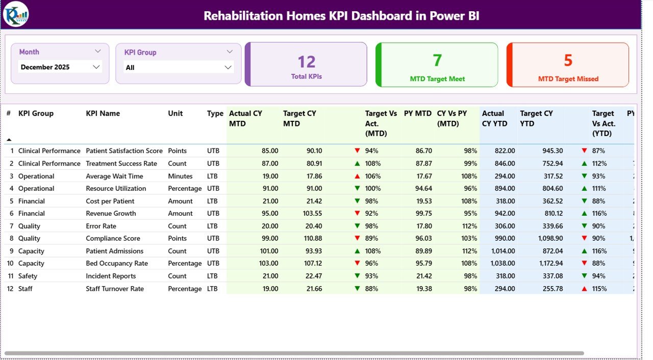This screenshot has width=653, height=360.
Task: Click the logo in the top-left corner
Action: pos(15,14)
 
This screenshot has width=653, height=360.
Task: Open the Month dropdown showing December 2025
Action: pos(60,67)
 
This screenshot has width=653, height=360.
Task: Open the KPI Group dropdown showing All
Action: pos(178,67)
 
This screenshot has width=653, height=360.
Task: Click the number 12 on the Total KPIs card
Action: pos(307,62)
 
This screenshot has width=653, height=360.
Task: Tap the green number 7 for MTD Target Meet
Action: pos(437,60)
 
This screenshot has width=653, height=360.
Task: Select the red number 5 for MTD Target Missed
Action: pos(568,60)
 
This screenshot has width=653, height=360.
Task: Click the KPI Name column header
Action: pos(103,114)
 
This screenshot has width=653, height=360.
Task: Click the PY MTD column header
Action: pos(417,114)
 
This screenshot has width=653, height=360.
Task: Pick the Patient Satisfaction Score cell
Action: pos(124,151)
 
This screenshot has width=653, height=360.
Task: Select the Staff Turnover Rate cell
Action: pos(115,289)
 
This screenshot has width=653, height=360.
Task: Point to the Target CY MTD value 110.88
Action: pos(311,239)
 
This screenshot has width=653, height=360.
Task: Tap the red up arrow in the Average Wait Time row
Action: pos(357,176)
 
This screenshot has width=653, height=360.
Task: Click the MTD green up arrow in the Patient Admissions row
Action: pos(357,251)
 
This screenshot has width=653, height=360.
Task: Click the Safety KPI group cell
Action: pos(28,276)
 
